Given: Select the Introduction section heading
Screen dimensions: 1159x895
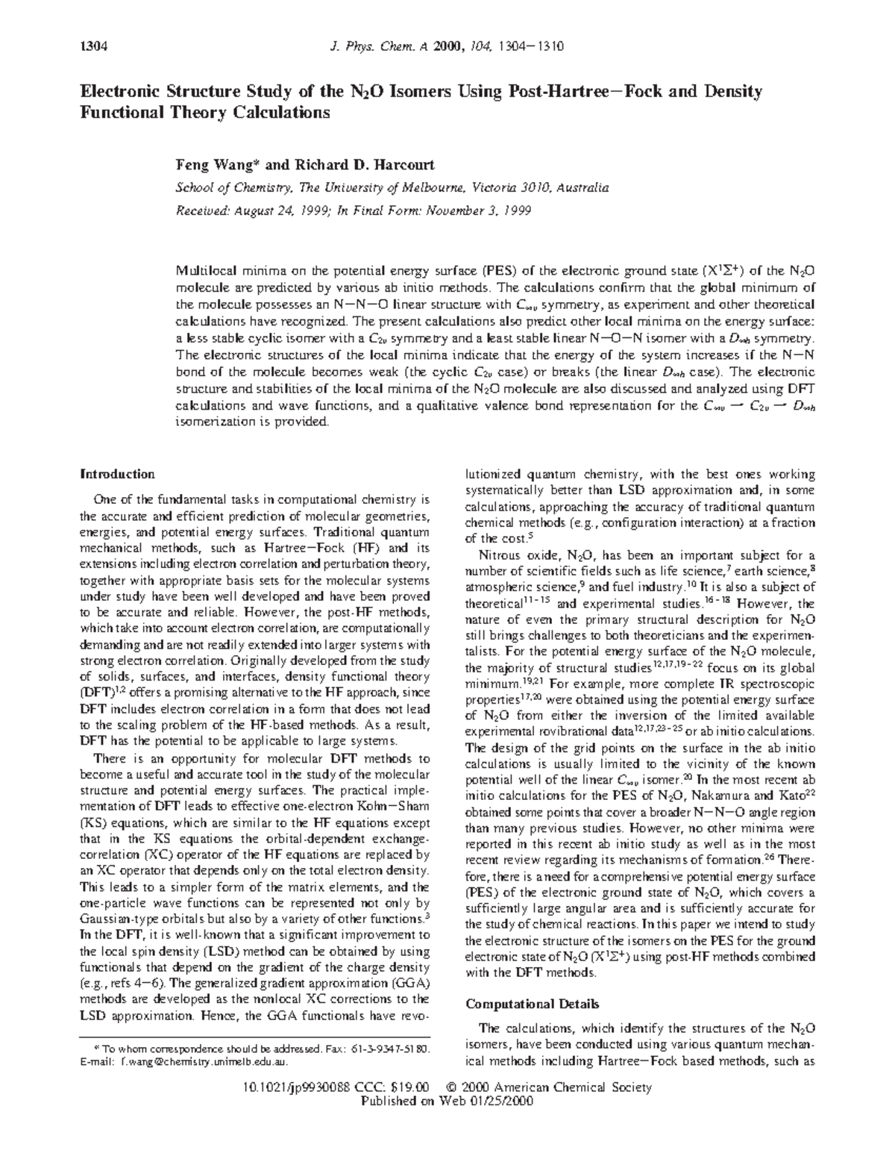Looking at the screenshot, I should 117,474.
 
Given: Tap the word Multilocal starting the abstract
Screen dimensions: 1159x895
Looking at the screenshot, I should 203,271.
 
